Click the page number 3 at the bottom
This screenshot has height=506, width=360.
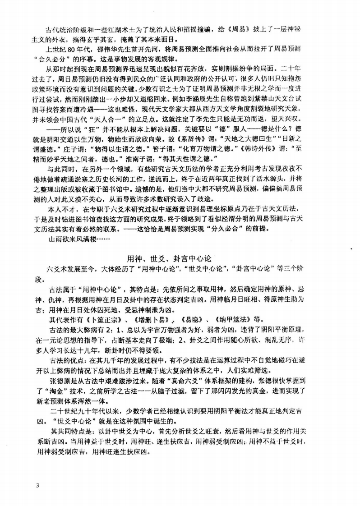40,485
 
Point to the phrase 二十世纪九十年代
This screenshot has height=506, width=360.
79,412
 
